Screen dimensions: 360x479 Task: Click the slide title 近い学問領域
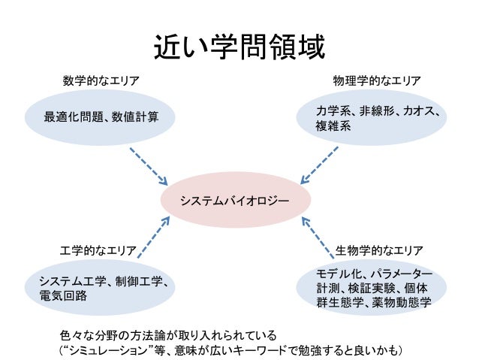239,48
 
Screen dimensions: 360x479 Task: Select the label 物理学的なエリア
377,80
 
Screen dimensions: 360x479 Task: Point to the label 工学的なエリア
98,249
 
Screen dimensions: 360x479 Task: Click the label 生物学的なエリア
379,249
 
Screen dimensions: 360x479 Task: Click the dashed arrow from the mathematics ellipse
148,166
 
